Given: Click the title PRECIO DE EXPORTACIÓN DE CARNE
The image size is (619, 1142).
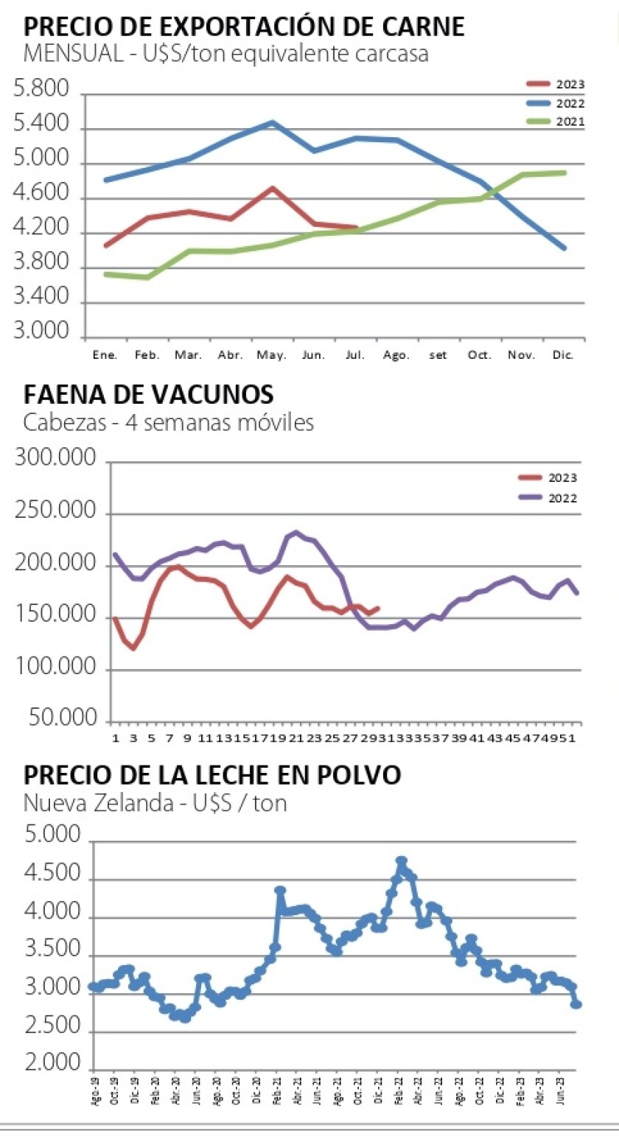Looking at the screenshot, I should click(x=244, y=27).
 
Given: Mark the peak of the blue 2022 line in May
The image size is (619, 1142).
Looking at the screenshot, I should click(x=273, y=122).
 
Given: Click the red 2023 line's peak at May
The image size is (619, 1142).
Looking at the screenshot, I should click(x=273, y=188).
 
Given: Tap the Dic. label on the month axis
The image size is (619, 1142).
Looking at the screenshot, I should click(x=563, y=355).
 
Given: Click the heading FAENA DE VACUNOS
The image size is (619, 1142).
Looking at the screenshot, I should click(x=148, y=395).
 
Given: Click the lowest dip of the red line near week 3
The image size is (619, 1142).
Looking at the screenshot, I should click(x=133, y=648).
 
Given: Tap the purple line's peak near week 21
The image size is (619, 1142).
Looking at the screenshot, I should click(x=295, y=531).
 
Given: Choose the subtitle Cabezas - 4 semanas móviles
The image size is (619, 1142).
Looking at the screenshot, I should click(x=169, y=423).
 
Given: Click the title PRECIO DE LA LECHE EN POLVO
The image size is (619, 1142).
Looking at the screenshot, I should click(x=212, y=775).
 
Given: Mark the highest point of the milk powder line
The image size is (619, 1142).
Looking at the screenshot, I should click(x=402, y=861).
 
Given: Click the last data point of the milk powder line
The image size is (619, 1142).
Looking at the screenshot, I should click(x=577, y=1004).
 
